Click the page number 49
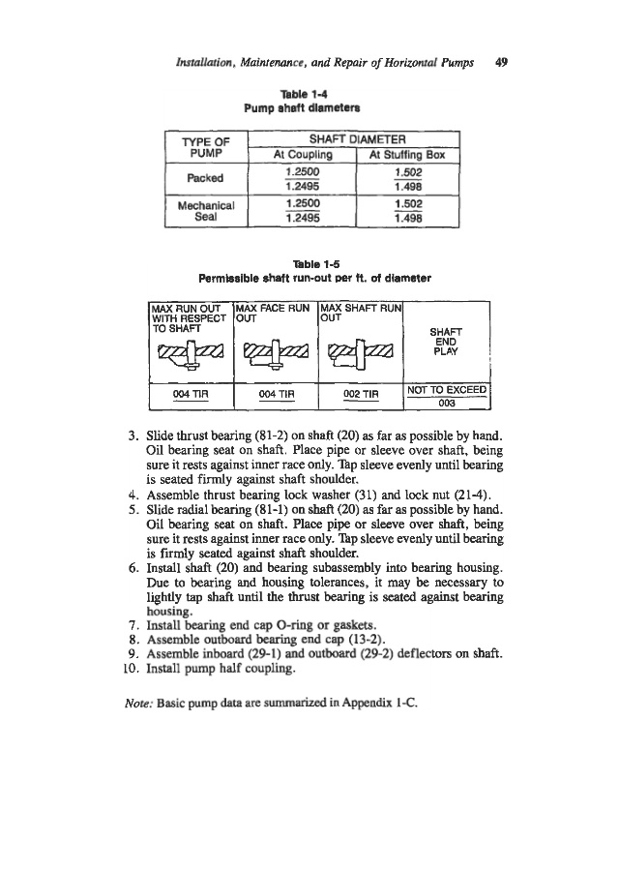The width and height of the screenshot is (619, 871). pos(501,61)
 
